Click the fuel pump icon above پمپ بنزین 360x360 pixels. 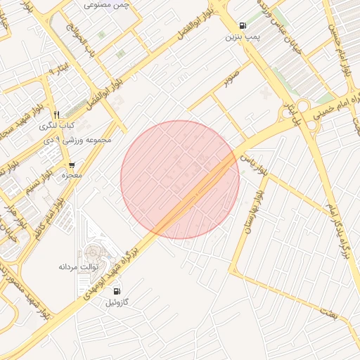point(243,25)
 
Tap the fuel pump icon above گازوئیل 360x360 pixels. point(116,291)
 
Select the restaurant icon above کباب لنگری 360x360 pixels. point(56,115)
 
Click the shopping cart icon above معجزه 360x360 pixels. point(72,165)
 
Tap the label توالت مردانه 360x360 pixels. point(75,268)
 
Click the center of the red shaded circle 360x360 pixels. point(180,179)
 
